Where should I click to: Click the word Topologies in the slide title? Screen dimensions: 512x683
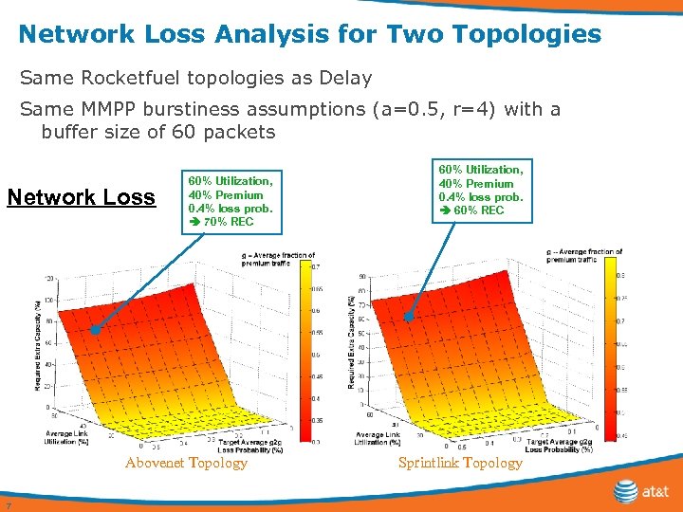(x=527, y=35)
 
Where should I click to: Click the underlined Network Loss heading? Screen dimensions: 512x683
(x=81, y=197)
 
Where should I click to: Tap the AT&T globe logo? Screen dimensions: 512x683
(x=626, y=491)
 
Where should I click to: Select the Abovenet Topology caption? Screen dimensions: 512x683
(x=186, y=463)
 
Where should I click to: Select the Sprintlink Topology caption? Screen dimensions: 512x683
(x=460, y=463)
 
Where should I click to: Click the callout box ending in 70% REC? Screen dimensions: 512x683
(x=231, y=201)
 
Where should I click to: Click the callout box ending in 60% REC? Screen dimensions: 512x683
(x=480, y=190)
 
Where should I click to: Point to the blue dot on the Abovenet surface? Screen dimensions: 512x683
(x=95, y=330)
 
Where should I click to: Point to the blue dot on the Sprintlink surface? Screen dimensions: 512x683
(x=410, y=319)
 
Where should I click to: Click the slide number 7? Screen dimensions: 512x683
(x=7, y=503)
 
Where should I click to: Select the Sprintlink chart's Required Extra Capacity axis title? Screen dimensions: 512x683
(x=352, y=340)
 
